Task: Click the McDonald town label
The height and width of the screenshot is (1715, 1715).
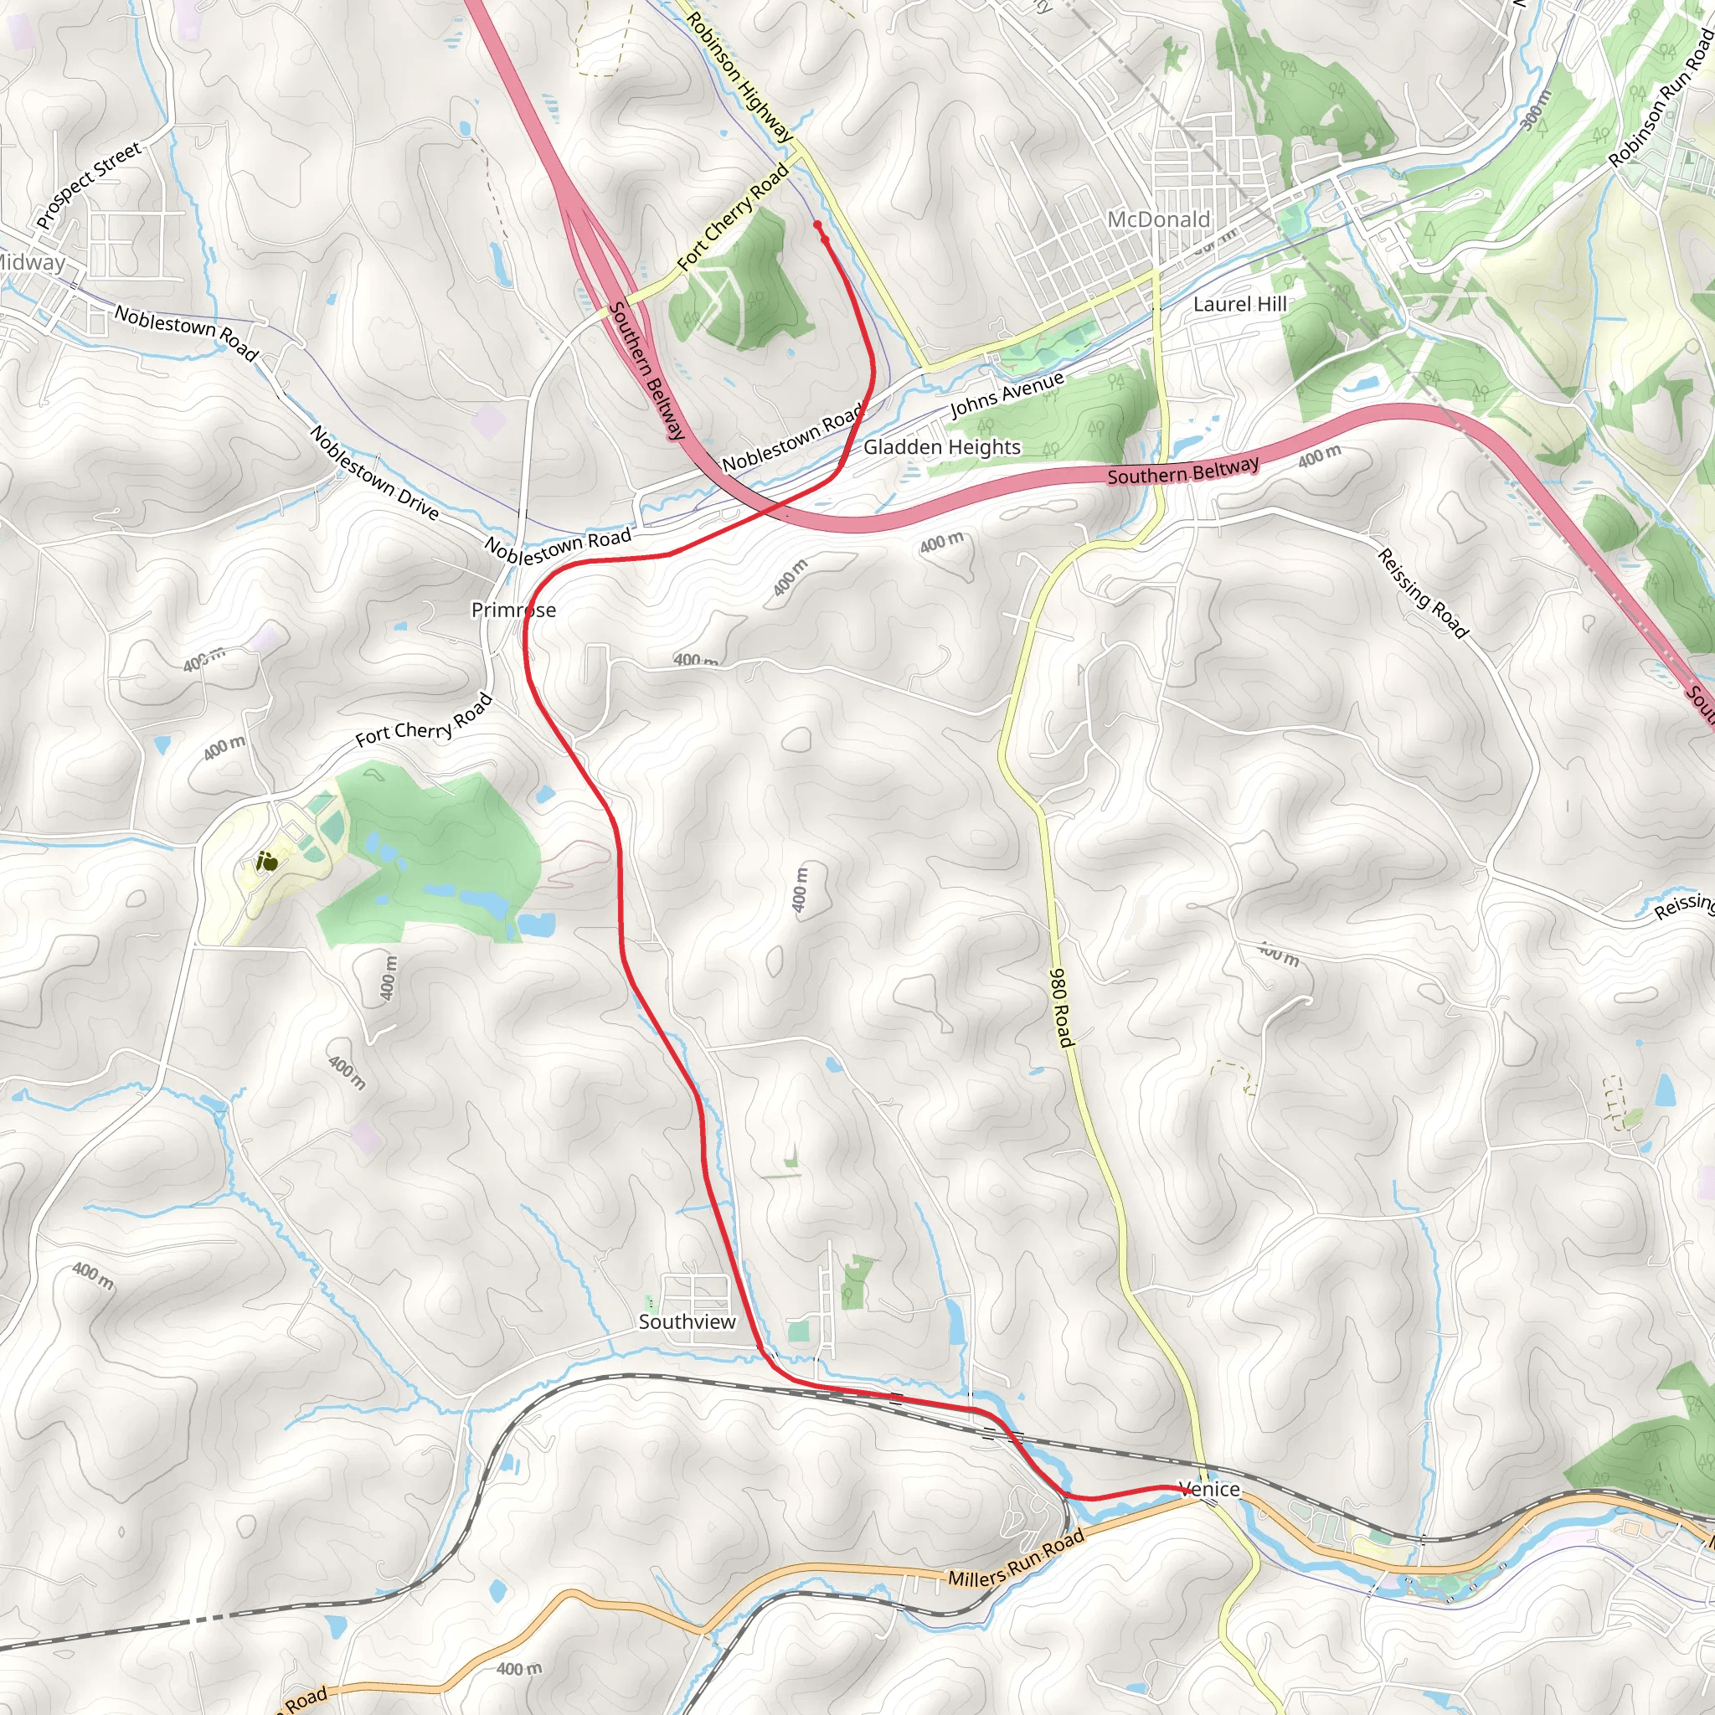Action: [x=1158, y=219]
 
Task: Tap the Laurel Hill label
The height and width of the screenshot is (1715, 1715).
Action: [x=1239, y=305]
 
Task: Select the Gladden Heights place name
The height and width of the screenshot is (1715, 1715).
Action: [x=942, y=447]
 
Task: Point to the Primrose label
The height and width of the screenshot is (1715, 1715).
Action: [x=513, y=610]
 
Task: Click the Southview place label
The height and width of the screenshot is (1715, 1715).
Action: [x=687, y=1321]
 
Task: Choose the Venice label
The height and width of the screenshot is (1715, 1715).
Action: [x=1209, y=1489]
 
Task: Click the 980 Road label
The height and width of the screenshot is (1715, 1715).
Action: [x=1062, y=1007]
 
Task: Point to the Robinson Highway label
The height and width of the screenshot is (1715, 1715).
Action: [x=739, y=76]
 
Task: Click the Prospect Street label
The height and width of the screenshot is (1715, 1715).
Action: [x=89, y=186]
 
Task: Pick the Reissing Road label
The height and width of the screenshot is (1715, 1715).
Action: [x=1423, y=592]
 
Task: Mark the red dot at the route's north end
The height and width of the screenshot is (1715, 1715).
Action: [x=817, y=225]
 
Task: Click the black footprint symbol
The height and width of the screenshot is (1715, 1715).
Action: [x=266, y=860]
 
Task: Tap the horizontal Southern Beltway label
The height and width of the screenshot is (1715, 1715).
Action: [x=1182, y=471]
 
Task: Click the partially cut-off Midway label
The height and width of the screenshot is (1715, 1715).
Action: [x=31, y=262]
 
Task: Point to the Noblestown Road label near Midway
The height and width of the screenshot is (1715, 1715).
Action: [x=188, y=332]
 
